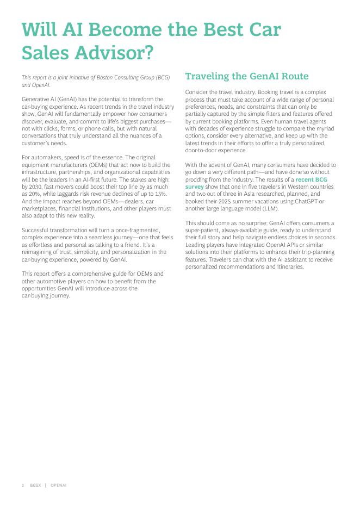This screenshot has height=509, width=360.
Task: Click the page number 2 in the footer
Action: [x=23, y=485]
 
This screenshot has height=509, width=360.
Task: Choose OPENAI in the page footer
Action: [x=59, y=485]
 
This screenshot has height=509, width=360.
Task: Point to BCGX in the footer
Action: [x=36, y=485]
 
